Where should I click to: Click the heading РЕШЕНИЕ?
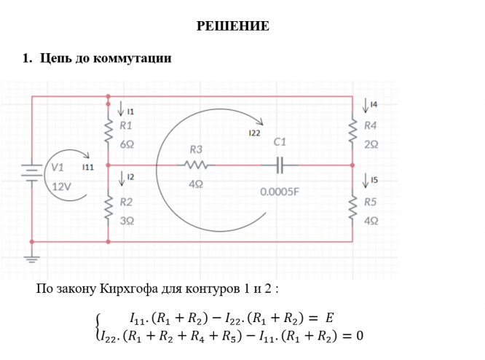click(233, 27)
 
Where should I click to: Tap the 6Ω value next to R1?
click(127, 144)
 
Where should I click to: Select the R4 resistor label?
click(371, 126)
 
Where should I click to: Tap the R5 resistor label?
click(371, 202)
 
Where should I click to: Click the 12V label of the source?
click(62, 185)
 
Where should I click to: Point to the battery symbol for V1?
click(31, 173)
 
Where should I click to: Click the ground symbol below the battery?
click(31, 257)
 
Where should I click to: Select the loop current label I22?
click(254, 134)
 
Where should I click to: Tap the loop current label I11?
click(87, 168)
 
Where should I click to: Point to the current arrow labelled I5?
click(365, 179)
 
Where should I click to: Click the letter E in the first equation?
click(329, 318)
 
